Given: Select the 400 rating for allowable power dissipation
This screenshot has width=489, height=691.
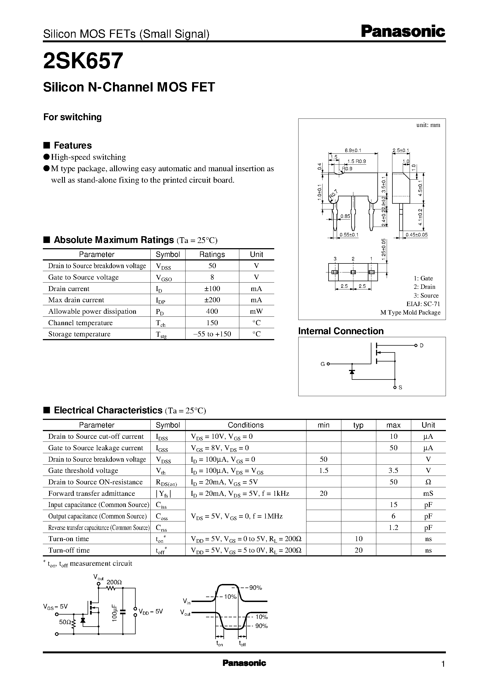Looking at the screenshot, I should pyautogui.click(x=212, y=311).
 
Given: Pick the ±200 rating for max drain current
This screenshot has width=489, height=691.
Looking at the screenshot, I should pyautogui.click(x=212, y=300).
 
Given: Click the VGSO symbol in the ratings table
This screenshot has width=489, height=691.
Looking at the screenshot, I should pyautogui.click(x=164, y=277).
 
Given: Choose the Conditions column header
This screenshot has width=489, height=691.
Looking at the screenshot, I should pyautogui.click(x=245, y=425).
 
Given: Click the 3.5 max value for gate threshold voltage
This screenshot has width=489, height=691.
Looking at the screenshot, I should pyautogui.click(x=393, y=470).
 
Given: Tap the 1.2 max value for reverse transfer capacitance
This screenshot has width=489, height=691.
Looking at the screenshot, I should pyautogui.click(x=393, y=527).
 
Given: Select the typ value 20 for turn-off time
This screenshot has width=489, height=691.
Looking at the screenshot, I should pyautogui.click(x=358, y=550).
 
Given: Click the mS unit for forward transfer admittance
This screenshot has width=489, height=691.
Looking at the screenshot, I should pyautogui.click(x=428, y=493).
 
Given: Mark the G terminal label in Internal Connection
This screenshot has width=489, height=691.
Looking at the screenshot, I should pyautogui.click(x=323, y=364).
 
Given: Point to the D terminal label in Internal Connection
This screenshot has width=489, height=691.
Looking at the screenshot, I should pyautogui.click(x=422, y=346).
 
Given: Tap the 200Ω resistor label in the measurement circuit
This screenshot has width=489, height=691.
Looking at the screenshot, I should pyautogui.click(x=114, y=582).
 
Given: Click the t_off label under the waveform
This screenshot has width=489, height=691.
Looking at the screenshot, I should pyautogui.click(x=242, y=644).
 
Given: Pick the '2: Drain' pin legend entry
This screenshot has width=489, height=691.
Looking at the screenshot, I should pyautogui.click(x=424, y=287).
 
